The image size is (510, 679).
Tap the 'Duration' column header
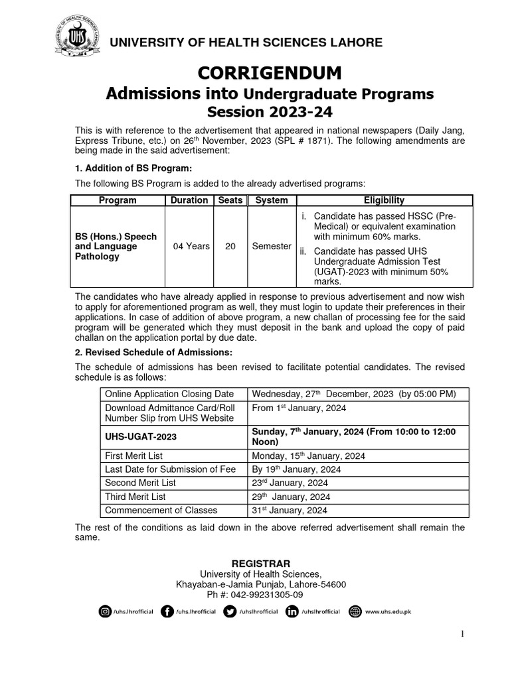tap(189, 200)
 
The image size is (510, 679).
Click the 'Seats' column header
tap(230, 200)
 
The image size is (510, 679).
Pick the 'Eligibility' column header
tap(384, 200)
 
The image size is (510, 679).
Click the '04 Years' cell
tap(191, 246)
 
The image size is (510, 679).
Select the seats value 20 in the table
tap(230, 246)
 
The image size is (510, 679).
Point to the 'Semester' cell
tap(272, 246)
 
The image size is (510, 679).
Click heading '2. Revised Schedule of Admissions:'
tap(154, 351)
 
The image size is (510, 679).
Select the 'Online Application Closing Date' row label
tap(169, 394)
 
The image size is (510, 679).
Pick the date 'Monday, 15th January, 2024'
tap(309, 456)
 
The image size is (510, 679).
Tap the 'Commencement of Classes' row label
tap(161, 510)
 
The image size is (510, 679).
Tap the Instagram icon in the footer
tap(105, 611)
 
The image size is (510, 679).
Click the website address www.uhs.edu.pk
tap(389, 612)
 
